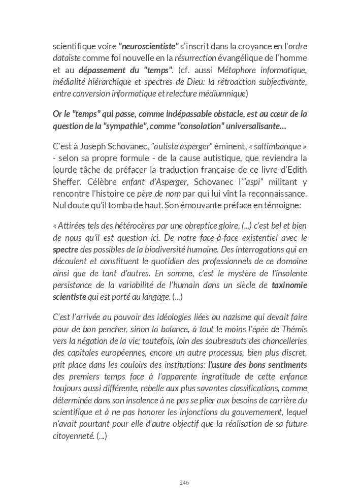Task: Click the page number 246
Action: [184, 483]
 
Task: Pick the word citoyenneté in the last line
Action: [74, 435]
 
